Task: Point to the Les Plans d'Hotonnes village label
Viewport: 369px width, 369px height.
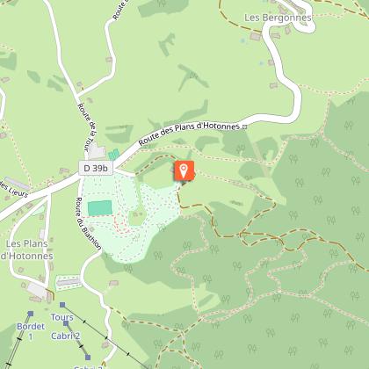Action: click(28, 249)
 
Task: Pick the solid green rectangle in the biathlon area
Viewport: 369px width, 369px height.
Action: click(100, 209)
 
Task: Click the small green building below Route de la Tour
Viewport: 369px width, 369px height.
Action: click(113, 154)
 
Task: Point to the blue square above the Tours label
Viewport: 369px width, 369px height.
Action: click(61, 305)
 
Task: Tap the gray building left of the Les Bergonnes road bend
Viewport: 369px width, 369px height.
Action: click(256, 37)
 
